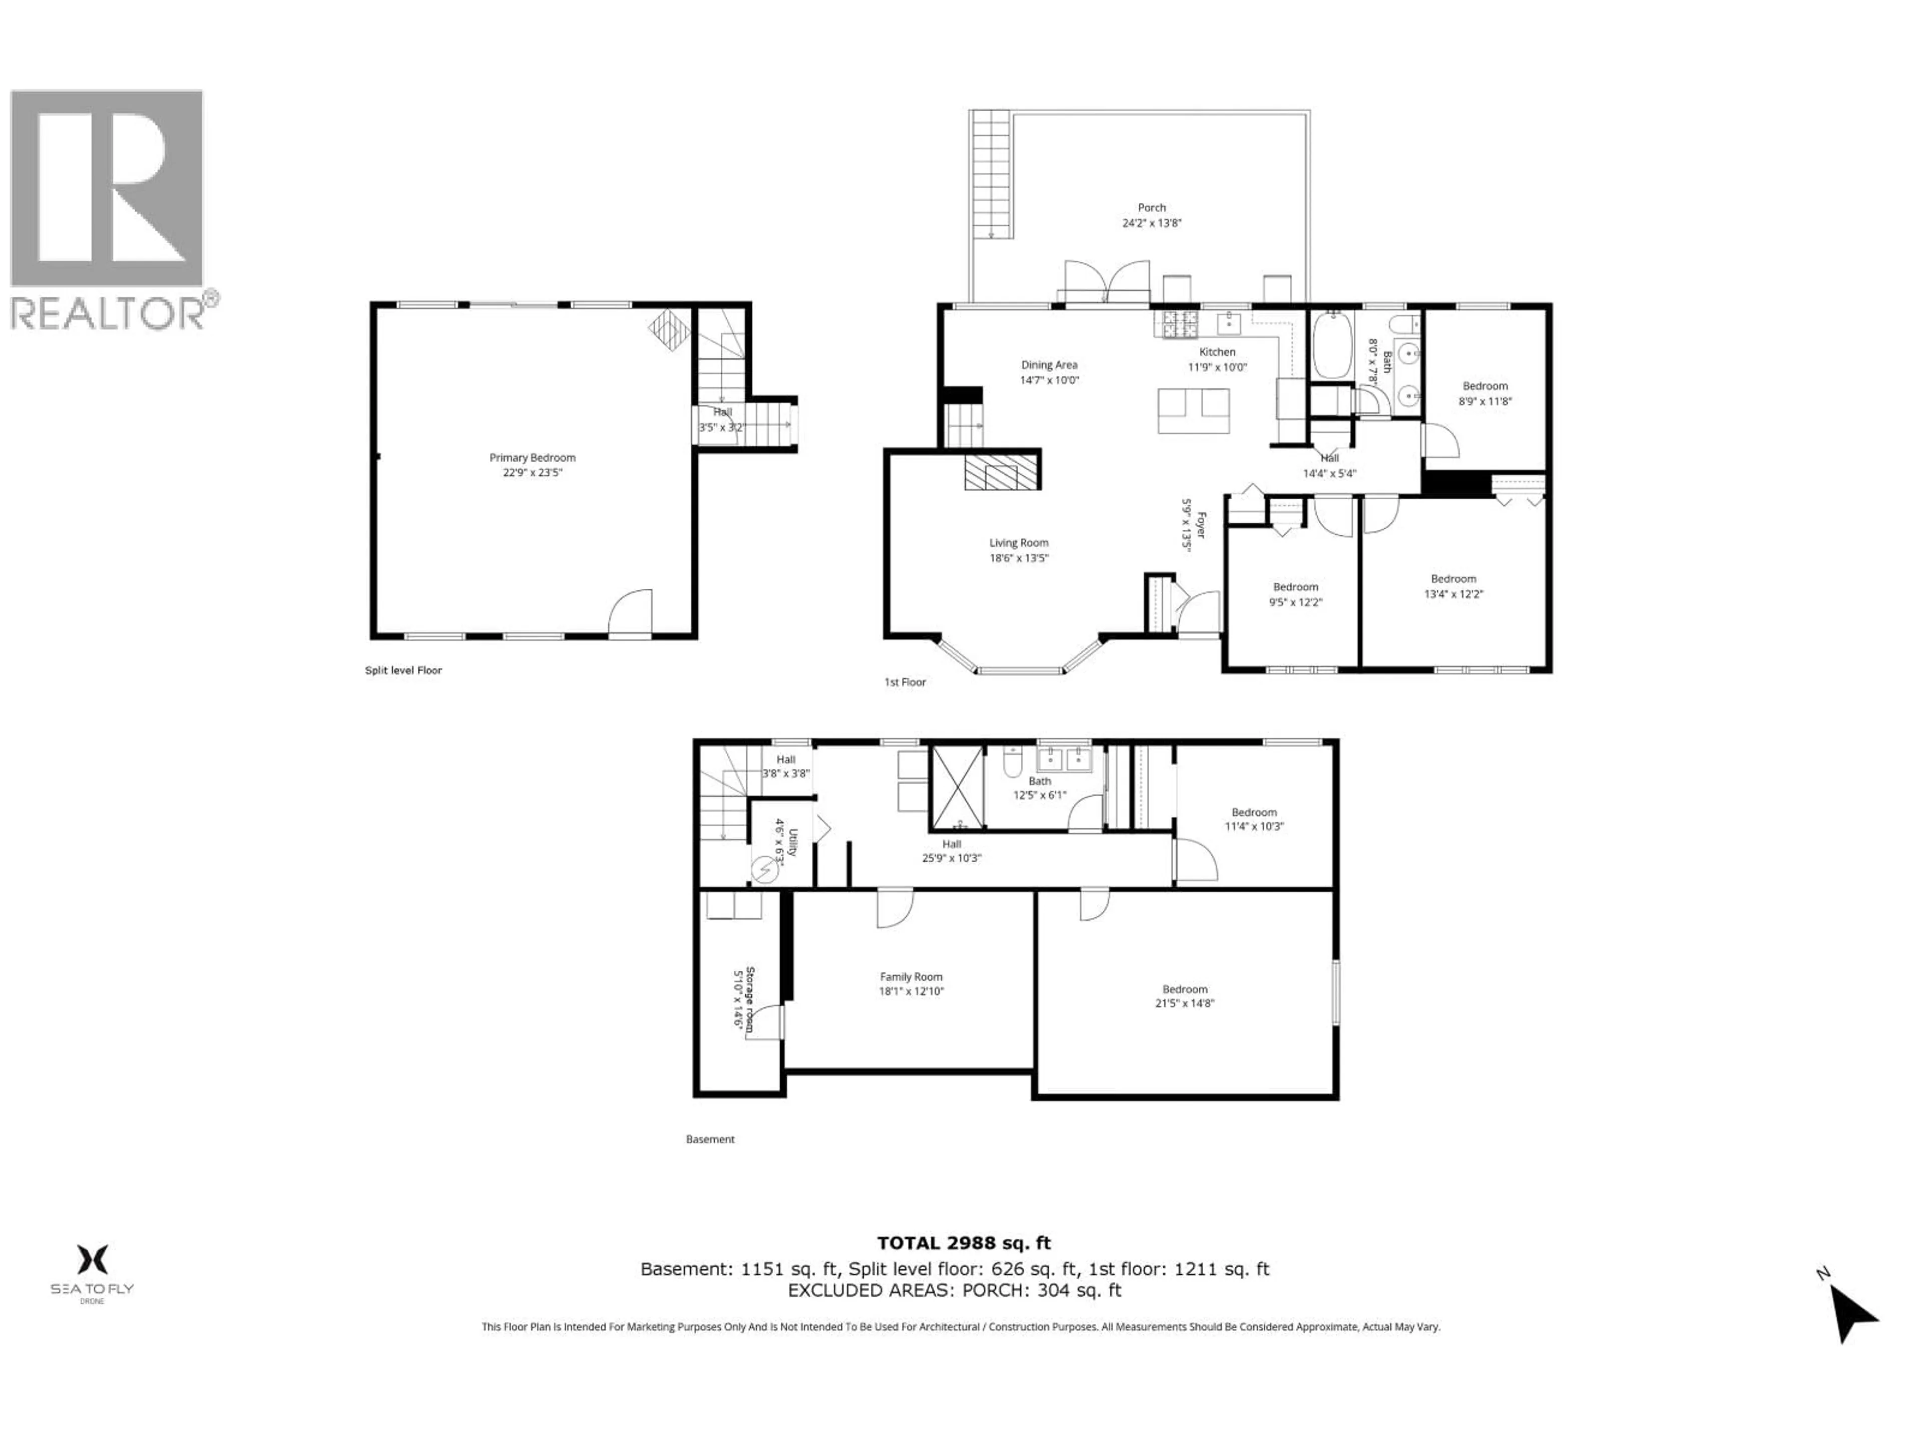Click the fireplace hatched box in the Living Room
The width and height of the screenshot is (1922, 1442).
[x=1002, y=475]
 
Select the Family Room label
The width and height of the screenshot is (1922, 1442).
[x=910, y=977]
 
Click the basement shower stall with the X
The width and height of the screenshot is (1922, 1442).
[x=956, y=786]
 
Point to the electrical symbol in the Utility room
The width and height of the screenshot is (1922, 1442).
[x=765, y=868]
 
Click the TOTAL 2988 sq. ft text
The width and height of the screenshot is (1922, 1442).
[x=964, y=1243]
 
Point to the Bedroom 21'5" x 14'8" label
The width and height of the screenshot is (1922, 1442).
[x=1184, y=989]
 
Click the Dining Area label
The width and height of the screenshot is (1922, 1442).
[x=1049, y=365]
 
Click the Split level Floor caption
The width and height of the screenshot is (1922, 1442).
[x=403, y=670]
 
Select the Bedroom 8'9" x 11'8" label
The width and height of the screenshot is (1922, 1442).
[x=1485, y=386]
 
